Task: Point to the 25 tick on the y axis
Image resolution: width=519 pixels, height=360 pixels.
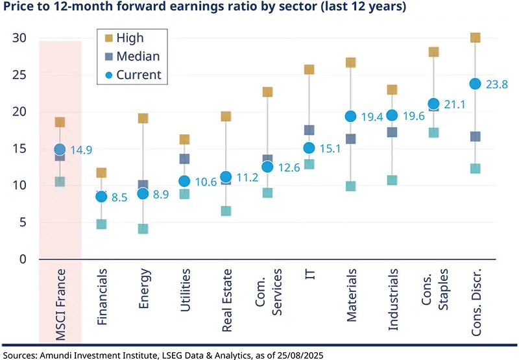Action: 19,75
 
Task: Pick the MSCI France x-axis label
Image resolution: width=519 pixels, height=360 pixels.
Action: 60,305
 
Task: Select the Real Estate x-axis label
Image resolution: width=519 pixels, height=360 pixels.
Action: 226,299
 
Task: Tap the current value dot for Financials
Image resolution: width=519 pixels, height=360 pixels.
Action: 101,197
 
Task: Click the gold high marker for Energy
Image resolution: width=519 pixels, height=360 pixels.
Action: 143,118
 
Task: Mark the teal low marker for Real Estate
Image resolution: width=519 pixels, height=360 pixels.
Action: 226,211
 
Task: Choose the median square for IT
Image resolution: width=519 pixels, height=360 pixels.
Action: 309,130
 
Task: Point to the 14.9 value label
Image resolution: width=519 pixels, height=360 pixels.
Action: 81,150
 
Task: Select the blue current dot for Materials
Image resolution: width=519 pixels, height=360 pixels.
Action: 350,116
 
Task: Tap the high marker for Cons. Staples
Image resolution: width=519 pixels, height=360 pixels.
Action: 433,52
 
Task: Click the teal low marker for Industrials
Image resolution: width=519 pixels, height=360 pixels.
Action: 392,180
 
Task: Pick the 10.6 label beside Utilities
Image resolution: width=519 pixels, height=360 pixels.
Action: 206,182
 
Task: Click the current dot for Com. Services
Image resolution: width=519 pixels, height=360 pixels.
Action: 267,167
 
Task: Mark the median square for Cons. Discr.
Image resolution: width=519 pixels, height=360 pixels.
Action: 475,136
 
